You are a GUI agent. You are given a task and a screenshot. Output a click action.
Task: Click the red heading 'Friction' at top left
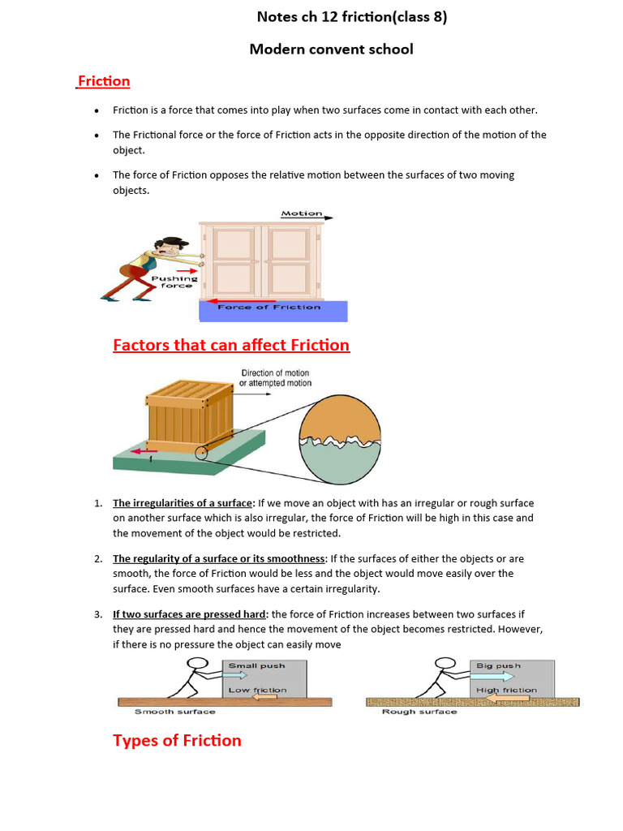click(x=103, y=81)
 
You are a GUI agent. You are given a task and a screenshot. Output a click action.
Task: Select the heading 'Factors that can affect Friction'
click(x=231, y=345)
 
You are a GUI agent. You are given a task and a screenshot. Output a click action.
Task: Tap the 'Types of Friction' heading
click(x=177, y=740)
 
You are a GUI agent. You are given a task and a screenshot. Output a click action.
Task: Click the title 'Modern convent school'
click(x=331, y=49)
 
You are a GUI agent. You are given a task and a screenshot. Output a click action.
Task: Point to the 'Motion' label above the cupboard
click(x=302, y=213)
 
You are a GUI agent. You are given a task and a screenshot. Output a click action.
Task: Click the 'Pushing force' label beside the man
click(x=177, y=282)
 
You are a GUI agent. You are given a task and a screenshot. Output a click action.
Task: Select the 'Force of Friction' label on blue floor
click(x=269, y=307)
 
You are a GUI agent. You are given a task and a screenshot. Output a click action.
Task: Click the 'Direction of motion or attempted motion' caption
click(x=275, y=378)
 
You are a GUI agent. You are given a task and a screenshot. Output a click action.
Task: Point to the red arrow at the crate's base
click(x=146, y=451)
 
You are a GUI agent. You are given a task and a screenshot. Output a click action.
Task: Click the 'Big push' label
click(x=498, y=665)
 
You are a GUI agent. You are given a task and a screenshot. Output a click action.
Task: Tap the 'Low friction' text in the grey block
click(x=257, y=690)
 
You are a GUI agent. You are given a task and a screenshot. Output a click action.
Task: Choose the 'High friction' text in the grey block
click(x=507, y=690)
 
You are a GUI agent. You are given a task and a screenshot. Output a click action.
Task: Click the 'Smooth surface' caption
click(x=174, y=712)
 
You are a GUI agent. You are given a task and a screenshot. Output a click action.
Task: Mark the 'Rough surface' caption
click(x=419, y=712)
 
